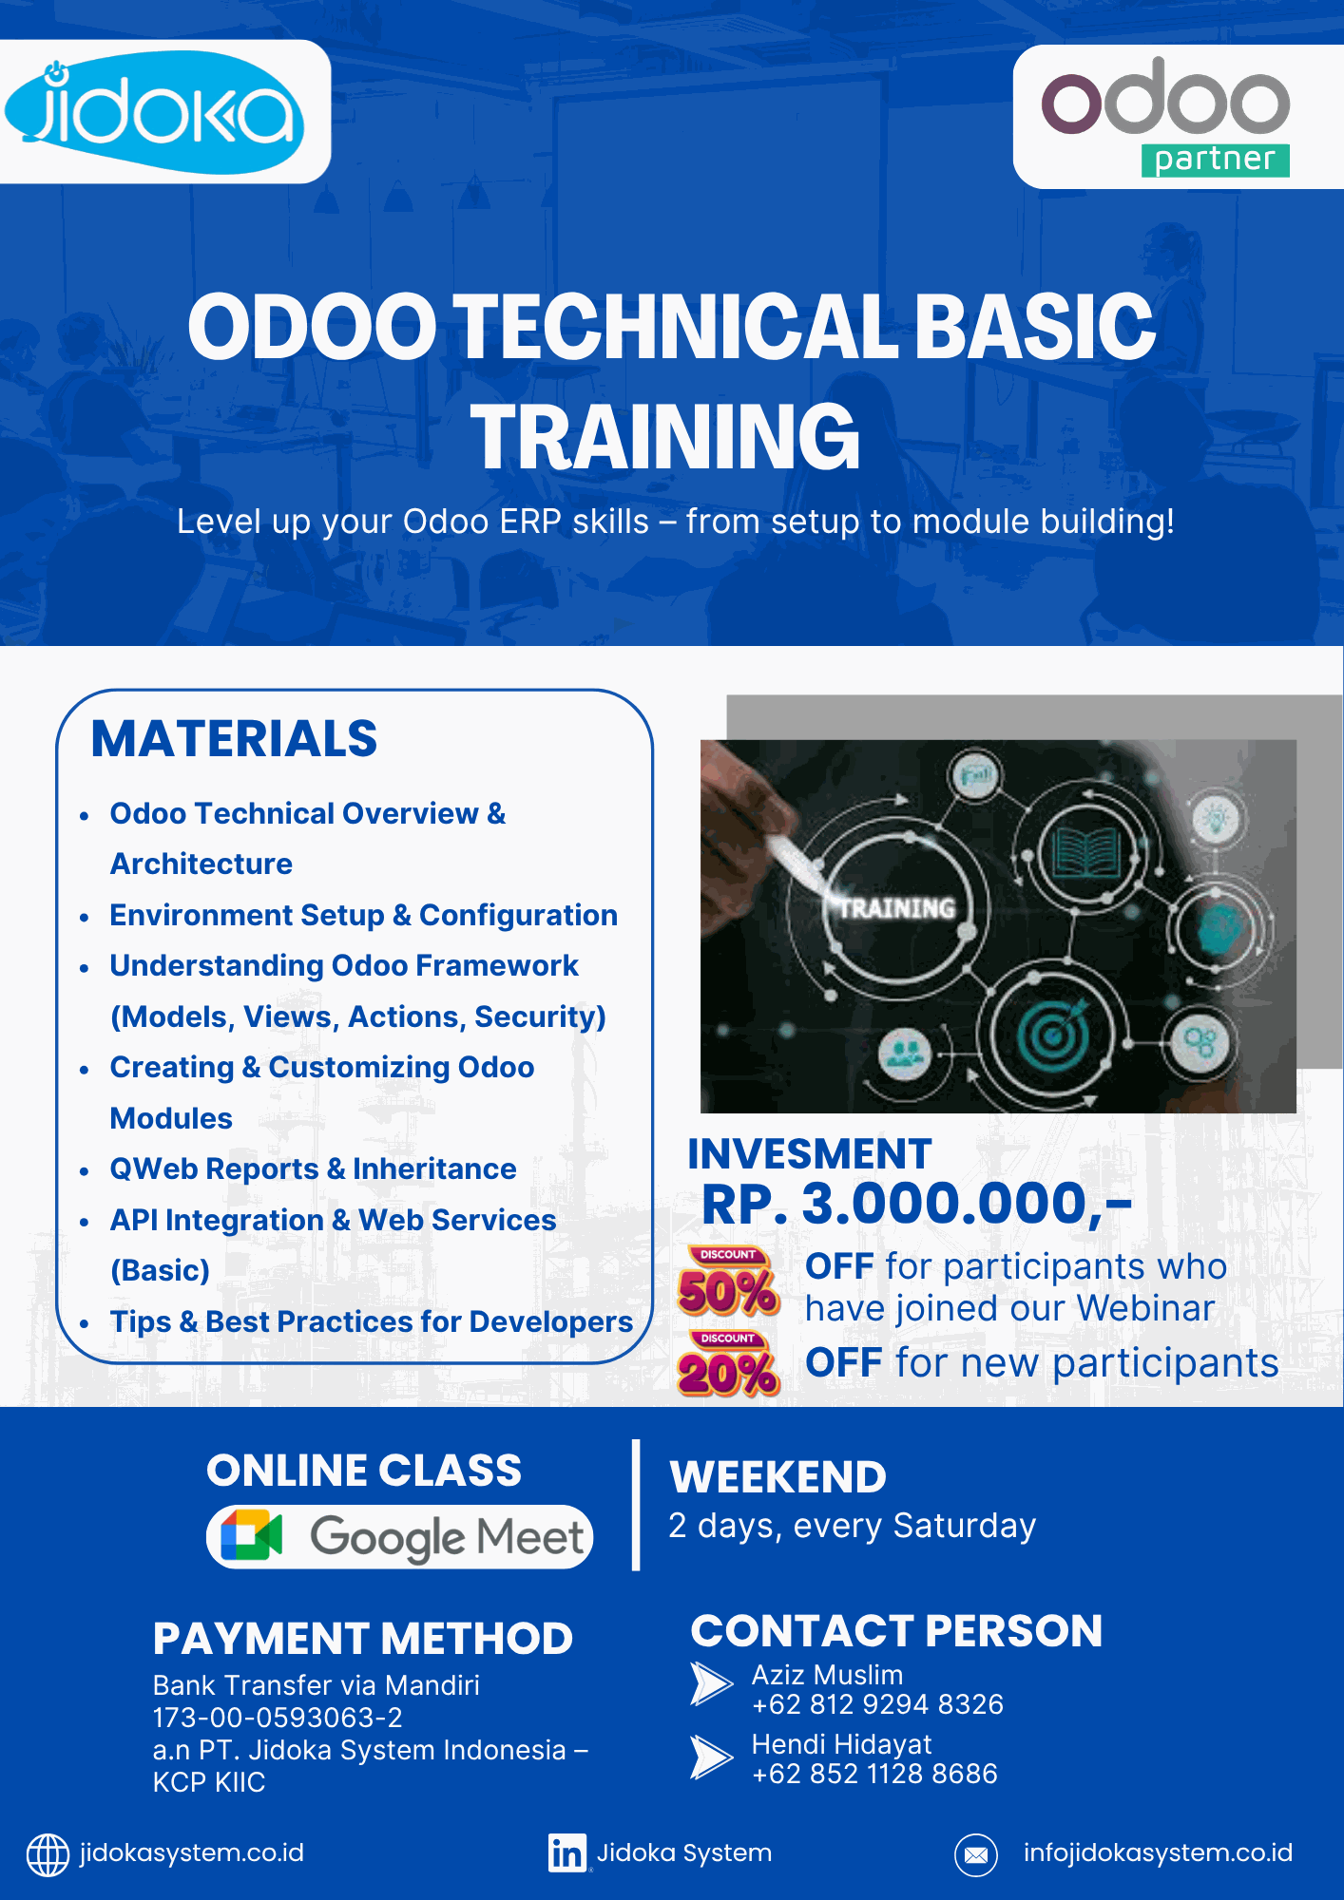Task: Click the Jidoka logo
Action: point(154,112)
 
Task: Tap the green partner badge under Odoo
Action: point(1215,160)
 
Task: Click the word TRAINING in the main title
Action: point(665,436)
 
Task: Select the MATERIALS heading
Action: point(234,739)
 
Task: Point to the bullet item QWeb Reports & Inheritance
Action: point(313,1168)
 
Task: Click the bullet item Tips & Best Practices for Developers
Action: point(372,1321)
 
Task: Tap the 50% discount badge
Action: point(729,1282)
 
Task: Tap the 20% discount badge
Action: point(729,1364)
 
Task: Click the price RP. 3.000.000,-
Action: point(917,1204)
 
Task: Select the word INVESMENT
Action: point(810,1153)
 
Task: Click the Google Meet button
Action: point(400,1536)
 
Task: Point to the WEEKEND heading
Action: point(778,1477)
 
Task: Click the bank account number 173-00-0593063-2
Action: point(278,1718)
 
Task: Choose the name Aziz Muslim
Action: point(827,1675)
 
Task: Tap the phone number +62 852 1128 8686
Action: point(874,1774)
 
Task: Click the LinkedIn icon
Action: point(567,1852)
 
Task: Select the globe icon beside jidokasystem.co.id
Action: point(48,1854)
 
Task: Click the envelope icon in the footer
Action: point(976,1854)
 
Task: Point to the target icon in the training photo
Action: point(1052,1033)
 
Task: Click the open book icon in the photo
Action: point(1085,851)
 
